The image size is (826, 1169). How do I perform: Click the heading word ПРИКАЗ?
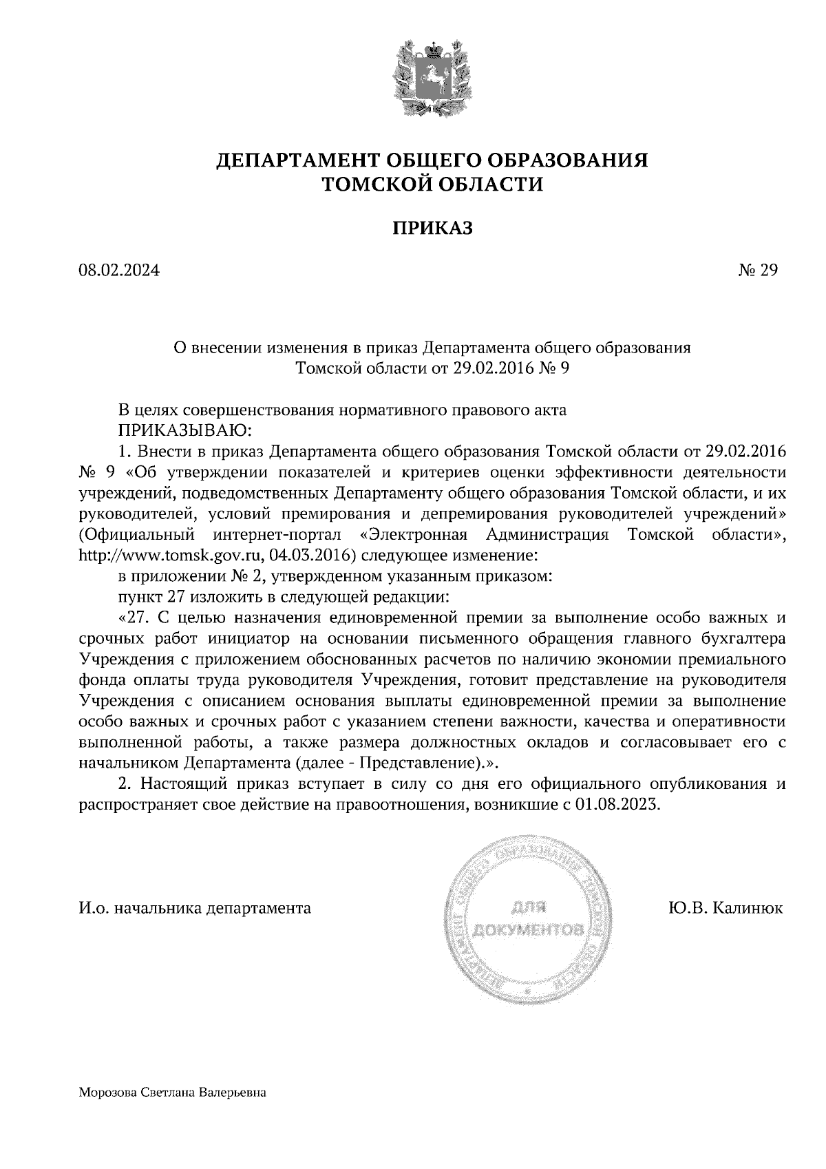[x=432, y=228]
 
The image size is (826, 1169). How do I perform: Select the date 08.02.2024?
[x=119, y=271]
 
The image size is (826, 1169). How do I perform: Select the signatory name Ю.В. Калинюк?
[x=725, y=908]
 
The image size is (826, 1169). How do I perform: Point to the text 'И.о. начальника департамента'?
[x=195, y=908]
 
